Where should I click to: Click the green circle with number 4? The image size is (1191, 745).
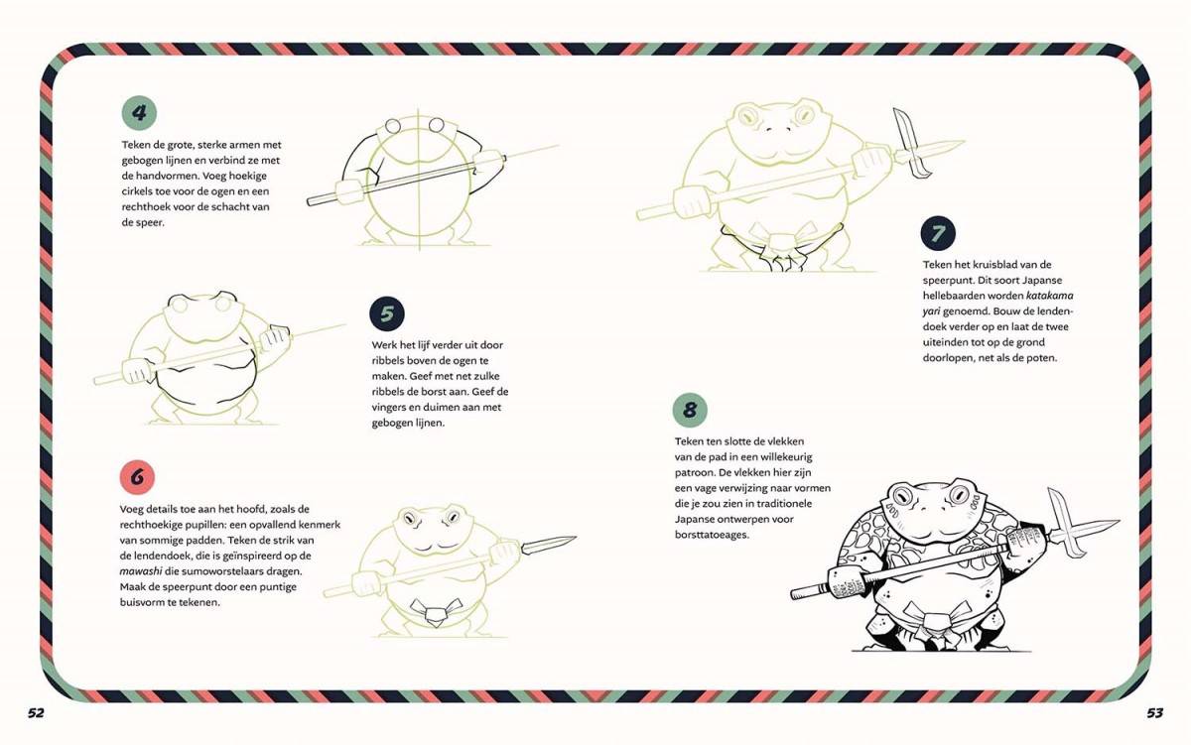(139, 113)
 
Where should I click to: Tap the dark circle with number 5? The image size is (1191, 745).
(387, 313)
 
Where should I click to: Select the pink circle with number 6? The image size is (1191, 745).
(137, 477)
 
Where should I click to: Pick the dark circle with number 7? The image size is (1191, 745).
(938, 233)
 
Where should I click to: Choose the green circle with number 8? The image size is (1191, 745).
(690, 411)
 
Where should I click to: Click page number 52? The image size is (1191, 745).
(36, 712)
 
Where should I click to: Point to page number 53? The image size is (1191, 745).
(1155, 712)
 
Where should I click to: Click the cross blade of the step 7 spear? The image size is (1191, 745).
(912, 143)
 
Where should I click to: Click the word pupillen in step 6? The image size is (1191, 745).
(204, 525)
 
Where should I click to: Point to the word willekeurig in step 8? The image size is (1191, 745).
(786, 457)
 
